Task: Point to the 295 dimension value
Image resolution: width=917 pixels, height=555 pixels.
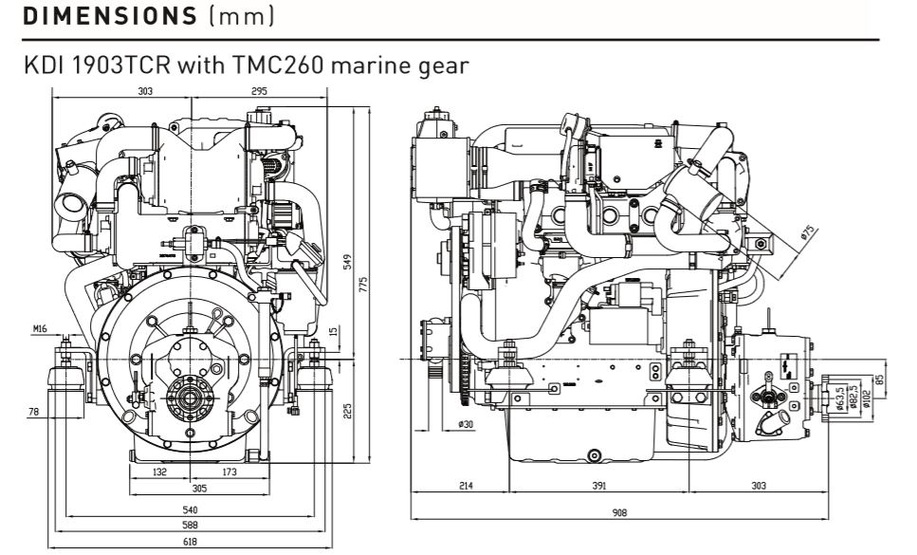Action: (x=259, y=92)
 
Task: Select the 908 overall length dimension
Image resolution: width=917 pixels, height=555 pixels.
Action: (x=619, y=510)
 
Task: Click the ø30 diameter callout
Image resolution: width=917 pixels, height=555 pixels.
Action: (x=466, y=424)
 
